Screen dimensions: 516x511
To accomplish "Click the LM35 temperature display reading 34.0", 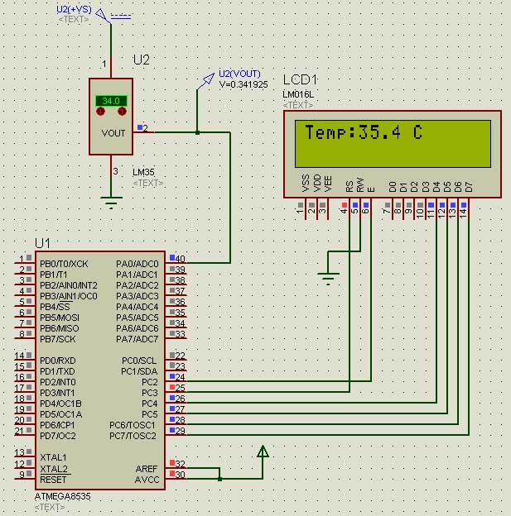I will pos(111,101).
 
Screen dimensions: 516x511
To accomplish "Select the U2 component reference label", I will pos(142,60).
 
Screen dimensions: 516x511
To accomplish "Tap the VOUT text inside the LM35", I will pos(113,133).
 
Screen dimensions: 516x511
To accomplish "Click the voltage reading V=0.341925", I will pos(243,84).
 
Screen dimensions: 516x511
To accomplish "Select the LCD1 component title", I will pos(300,79).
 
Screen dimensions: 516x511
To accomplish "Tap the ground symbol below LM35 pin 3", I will pos(110,200).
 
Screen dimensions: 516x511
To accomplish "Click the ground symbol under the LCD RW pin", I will pos(329,279).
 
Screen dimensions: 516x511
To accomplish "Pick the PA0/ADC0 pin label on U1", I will pos(137,264).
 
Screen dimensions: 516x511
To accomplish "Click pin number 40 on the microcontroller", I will pos(180,259).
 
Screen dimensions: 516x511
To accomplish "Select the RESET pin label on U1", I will pos(53,479).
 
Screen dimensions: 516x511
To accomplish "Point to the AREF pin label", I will pos(146,468).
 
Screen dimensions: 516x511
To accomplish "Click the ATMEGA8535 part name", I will pos(64,495).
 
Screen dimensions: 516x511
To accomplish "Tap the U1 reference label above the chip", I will pos(42,243).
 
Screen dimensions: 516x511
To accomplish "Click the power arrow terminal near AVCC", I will pos(263,452).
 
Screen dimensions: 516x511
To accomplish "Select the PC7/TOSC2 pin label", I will pos(133,436).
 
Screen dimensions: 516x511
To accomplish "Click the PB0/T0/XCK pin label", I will pos(63,264).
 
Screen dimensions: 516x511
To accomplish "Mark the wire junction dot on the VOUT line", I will pos(197,131).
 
